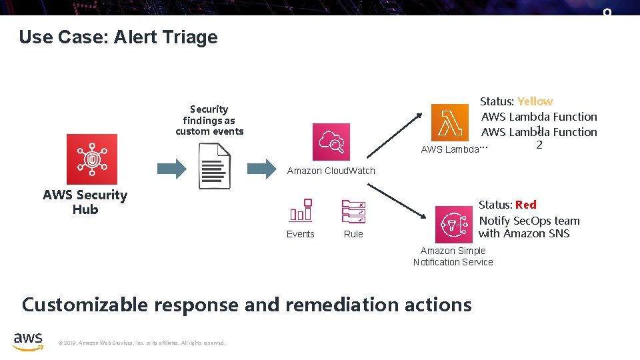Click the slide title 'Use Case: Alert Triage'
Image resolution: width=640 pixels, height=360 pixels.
(118, 37)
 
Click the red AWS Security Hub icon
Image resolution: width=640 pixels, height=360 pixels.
(91, 159)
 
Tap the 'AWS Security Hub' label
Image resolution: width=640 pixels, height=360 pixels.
(85, 202)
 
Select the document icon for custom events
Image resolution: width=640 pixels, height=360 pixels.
(215, 167)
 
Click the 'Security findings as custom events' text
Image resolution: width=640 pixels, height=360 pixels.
(209, 120)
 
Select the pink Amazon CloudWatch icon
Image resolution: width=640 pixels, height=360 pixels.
(331, 142)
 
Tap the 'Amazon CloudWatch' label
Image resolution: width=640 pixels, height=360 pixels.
(331, 171)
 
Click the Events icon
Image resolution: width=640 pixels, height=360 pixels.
(301, 210)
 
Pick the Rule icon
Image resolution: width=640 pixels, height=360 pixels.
(353, 211)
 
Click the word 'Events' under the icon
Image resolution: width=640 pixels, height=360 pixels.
(301, 234)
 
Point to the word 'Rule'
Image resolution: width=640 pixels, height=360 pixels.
(353, 234)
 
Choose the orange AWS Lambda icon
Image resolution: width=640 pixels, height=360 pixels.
(450, 123)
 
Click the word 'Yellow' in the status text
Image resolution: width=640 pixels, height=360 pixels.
(535, 101)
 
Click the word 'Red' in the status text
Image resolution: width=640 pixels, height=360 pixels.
(525, 205)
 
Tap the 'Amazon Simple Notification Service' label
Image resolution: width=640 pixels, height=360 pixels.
(453, 257)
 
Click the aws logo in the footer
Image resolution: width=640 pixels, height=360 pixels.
(28, 340)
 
